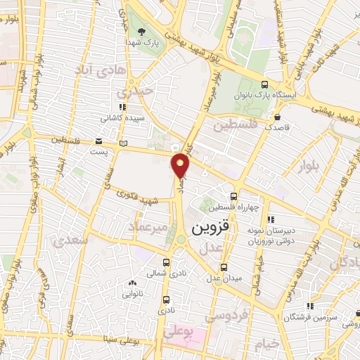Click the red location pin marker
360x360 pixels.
pos(181,166)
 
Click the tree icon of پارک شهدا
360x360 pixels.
pos(142,32)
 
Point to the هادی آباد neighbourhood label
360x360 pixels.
pos(99,69)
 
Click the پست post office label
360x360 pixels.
pos(102,150)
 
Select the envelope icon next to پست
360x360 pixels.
pos(97,141)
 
